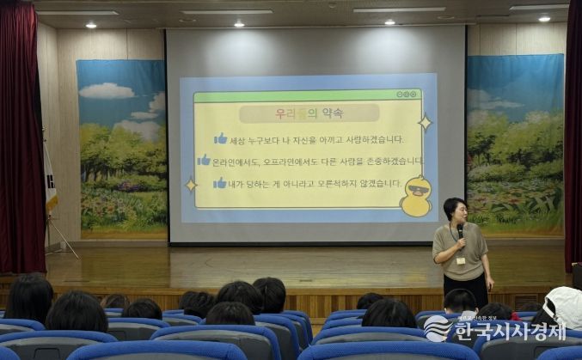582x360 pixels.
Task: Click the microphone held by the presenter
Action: pyautogui.click(x=461, y=229)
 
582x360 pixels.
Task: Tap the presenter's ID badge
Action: pyautogui.click(x=461, y=260)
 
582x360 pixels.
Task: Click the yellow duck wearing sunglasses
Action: pyautogui.click(x=415, y=197)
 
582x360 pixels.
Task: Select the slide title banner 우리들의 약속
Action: pyautogui.click(x=309, y=113)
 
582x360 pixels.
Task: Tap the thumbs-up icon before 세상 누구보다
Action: pyautogui.click(x=221, y=138)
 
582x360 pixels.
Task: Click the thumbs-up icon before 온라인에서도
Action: pyautogui.click(x=204, y=160)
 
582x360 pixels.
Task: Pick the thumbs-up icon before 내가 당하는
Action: pyautogui.click(x=220, y=182)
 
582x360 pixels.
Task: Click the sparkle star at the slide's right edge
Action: pyautogui.click(x=424, y=123)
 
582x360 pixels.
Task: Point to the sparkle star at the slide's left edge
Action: pyautogui.click(x=191, y=184)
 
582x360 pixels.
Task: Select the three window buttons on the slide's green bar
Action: pyautogui.click(x=407, y=94)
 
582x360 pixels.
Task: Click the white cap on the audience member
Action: pyautogui.click(x=565, y=306)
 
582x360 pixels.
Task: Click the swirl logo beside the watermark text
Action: pyautogui.click(x=438, y=328)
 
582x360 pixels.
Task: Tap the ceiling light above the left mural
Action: pyautogui.click(x=91, y=25)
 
